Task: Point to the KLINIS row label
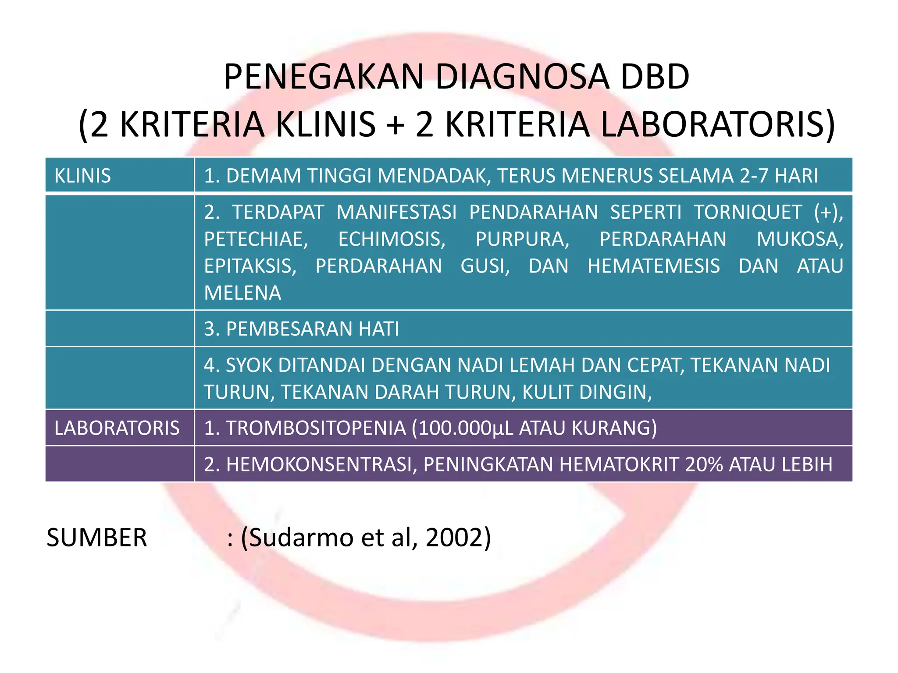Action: tap(82, 176)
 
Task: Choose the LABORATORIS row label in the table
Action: tap(117, 428)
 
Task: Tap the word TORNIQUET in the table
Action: tap(748, 213)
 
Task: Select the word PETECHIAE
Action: tap(256, 239)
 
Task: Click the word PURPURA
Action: tap(522, 239)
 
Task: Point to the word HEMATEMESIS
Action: tap(653, 266)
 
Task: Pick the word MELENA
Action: tap(242, 293)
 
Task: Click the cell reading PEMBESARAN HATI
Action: tap(302, 329)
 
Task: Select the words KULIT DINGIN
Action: tap(587, 392)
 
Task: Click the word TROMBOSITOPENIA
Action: tap(316, 428)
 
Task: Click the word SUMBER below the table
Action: tap(96, 538)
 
